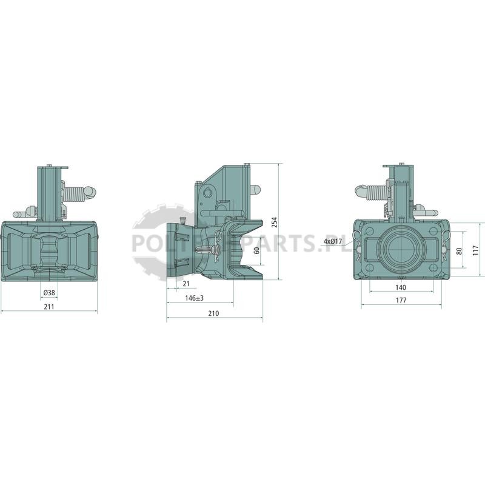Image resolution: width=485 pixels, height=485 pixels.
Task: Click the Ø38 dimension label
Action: [x=49, y=292]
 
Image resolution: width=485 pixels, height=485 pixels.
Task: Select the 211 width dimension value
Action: [x=49, y=307]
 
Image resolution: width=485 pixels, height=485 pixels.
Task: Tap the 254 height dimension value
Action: [x=275, y=222]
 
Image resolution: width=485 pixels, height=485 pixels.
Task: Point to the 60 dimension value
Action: [x=256, y=250]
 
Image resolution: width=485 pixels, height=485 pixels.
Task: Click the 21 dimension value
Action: [x=186, y=284]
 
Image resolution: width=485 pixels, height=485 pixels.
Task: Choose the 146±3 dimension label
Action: [x=194, y=298]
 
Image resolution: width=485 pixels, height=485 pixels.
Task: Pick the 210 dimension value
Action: [x=213, y=313]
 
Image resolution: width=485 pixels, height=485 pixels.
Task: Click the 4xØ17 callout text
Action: [x=333, y=241]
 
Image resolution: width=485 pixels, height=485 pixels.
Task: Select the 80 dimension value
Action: [x=460, y=251]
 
